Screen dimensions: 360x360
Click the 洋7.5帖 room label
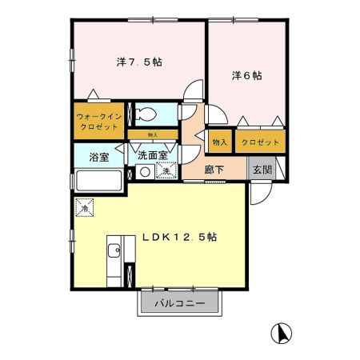point(139,62)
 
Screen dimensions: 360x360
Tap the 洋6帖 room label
point(246,76)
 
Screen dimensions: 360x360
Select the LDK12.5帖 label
point(182,238)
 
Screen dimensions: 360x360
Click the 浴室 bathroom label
point(99,157)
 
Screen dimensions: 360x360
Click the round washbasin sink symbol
point(145,172)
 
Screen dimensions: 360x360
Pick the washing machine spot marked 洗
point(166,171)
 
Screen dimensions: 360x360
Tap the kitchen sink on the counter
point(113,249)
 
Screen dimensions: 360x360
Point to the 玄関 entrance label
point(262,170)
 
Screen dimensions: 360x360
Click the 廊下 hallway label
point(214,170)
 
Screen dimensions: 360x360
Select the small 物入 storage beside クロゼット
point(219,142)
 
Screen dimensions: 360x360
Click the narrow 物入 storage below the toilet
point(153,134)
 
